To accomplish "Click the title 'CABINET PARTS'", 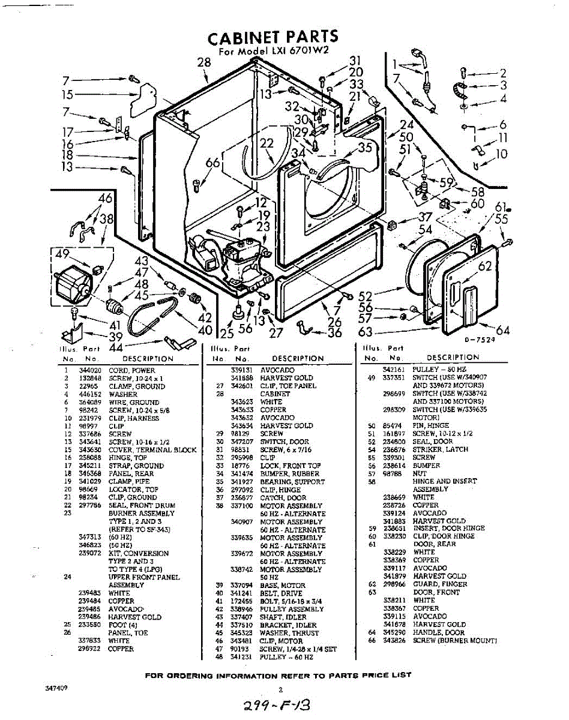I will coord(273,37).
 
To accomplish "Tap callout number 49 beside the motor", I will coord(62,254).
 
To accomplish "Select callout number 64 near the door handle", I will coord(502,331).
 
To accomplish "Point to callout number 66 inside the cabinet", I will coord(213,163).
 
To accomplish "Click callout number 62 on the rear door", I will coord(485,266).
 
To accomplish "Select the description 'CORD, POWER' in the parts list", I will coord(131,371).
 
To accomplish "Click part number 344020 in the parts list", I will coord(91,371).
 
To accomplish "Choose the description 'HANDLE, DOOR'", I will coord(438,632).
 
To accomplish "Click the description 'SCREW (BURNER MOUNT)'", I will coord(454,640).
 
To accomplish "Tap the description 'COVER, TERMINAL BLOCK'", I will coord(152,450).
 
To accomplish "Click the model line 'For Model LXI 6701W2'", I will coord(274,52).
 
